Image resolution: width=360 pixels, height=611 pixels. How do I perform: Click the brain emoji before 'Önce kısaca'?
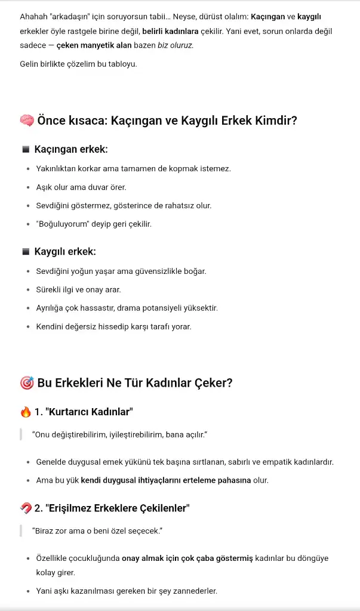pos(27,121)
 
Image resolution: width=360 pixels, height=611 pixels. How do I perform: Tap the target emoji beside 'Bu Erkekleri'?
pos(27,382)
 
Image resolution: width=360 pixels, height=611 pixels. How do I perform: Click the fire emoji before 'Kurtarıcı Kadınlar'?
pos(25,412)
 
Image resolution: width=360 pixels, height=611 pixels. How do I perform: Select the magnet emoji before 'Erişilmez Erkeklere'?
pos(26,508)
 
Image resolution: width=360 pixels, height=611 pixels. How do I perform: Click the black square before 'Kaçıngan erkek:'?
pos(25,149)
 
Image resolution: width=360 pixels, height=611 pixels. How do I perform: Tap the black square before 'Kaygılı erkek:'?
pos(25,252)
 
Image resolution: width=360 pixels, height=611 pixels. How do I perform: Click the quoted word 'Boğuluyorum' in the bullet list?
pos(64,224)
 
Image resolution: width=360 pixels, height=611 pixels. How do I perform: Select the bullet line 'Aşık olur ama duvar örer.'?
pos(81,187)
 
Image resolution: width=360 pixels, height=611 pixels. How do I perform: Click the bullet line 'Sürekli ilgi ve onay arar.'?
pos(79,290)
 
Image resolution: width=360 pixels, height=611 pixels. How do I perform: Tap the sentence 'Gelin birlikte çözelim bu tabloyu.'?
pos(78,63)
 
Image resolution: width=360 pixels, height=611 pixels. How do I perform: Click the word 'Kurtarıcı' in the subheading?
pos(69,412)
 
